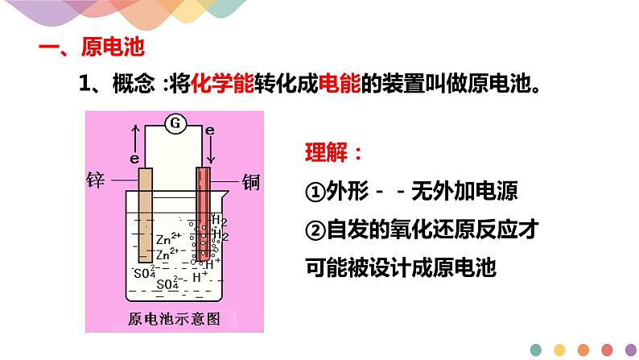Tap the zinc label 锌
[96, 177]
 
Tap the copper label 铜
[251, 177]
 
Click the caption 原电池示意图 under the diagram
[173, 317]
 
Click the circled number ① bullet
[315, 192]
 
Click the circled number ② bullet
[315, 230]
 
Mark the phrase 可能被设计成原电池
[400, 267]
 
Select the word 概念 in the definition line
[130, 83]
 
